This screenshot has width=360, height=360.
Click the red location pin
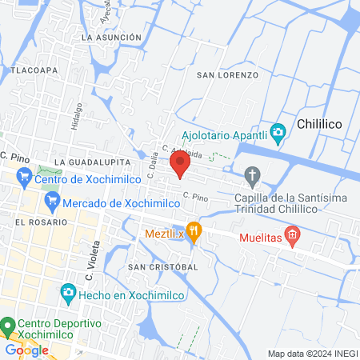coord(180,165)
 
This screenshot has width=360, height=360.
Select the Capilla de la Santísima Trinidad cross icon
coord(253,175)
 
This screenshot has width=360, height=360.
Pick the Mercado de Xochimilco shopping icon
coord(50,204)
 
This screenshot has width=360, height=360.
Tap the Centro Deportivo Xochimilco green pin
coord(8,326)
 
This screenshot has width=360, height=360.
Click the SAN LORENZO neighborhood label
coord(228,74)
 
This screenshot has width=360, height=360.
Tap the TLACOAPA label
coord(34,70)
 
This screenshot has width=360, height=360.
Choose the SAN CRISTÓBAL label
coord(162,266)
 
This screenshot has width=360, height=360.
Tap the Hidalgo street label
coord(78,115)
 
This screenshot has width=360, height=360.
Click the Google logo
coord(26,350)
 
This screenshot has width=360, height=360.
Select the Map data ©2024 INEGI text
coord(312,353)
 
